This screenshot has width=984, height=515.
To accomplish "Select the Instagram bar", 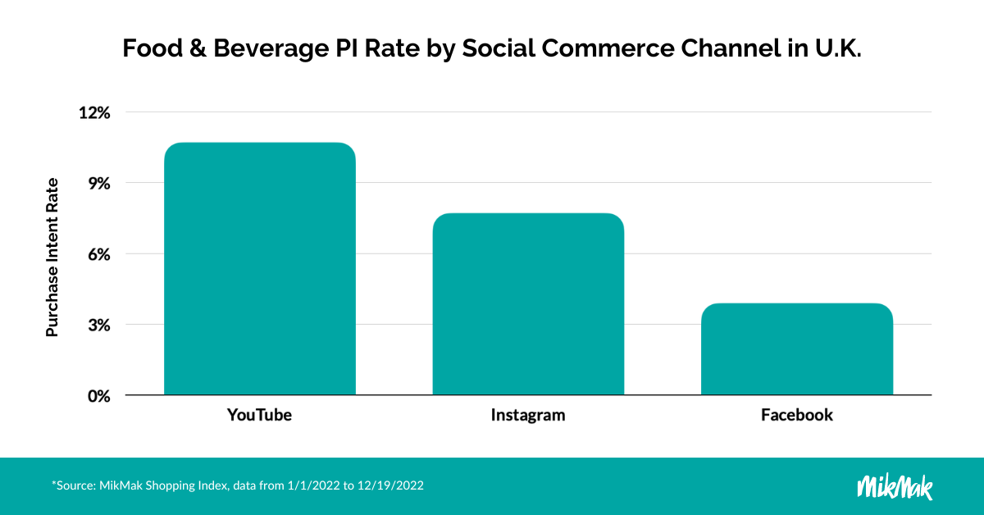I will [x=528, y=304].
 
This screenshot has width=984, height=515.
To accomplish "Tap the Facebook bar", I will [x=796, y=349].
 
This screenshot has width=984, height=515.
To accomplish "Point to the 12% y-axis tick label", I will [x=93, y=112].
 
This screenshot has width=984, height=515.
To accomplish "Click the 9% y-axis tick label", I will [x=98, y=184].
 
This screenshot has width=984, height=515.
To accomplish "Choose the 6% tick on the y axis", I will [x=98, y=254].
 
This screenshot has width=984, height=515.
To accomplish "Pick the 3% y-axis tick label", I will [x=98, y=325].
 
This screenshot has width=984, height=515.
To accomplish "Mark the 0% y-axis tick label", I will [x=98, y=396].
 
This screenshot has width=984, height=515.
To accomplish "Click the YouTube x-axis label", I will [x=259, y=415].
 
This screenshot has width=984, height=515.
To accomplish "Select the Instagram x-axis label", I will [x=528, y=415].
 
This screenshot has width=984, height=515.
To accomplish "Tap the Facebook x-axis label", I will [x=796, y=415].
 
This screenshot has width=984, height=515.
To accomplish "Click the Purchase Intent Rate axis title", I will [x=52, y=257].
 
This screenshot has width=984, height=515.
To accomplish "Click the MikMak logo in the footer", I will [x=895, y=485].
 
